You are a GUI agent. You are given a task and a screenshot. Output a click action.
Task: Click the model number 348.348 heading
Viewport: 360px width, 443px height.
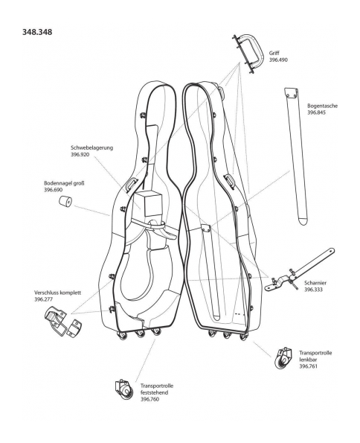tap(37, 32)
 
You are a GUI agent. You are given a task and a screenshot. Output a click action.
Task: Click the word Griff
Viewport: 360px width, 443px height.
tap(274, 53)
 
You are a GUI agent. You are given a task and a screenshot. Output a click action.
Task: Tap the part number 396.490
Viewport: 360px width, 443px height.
tap(278, 60)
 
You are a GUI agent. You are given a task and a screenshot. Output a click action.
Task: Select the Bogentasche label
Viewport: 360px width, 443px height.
tap(323, 106)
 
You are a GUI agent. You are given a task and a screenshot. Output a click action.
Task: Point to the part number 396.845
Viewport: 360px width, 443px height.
tap(317, 112)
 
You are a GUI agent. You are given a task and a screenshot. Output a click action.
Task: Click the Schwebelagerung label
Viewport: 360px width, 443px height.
tap(92, 147)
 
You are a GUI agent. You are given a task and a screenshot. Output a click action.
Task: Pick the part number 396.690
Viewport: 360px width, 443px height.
tap(54, 190)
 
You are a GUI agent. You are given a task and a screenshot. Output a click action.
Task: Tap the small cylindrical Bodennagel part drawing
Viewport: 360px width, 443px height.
tap(65, 201)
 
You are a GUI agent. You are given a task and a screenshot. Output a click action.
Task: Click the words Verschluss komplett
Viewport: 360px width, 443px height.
tap(57, 293)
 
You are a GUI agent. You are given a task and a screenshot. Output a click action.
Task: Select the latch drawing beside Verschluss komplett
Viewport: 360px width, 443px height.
tap(63, 322)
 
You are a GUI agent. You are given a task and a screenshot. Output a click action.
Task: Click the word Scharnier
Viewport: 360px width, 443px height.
tap(315, 283)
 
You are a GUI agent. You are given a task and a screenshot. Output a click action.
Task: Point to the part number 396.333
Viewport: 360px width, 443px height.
tap(313, 290)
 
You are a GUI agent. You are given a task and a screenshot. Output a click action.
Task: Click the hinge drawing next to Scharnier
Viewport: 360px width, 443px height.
tap(299, 270)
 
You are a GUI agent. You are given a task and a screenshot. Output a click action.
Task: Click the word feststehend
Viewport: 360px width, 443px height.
tap(154, 392)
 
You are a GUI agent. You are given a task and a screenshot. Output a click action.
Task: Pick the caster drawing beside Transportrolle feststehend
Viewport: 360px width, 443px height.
tap(124, 389)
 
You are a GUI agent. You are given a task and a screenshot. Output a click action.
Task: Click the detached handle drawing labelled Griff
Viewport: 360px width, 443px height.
tap(248, 53)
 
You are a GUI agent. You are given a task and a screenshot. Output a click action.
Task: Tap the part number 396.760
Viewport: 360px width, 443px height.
tap(150, 399)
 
